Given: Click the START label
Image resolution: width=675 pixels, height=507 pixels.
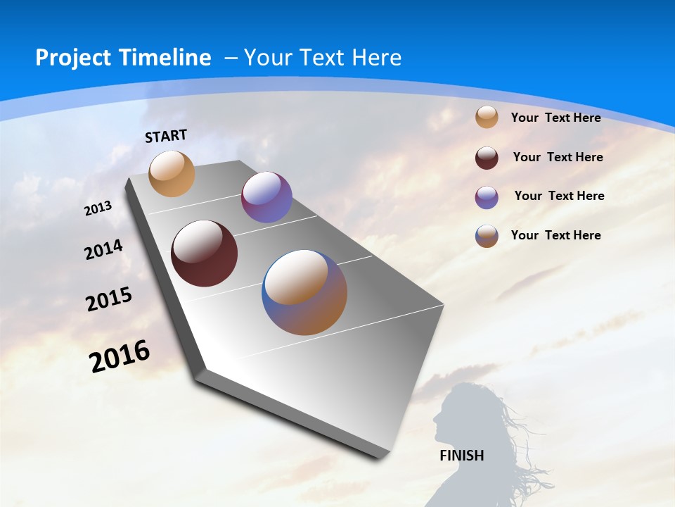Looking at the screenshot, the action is coord(166,136).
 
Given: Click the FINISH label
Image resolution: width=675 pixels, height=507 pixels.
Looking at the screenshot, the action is coord(461,456).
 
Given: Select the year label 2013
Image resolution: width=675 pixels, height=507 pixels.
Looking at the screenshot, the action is coord(98,208).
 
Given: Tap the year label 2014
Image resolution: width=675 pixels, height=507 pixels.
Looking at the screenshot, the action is coord(103,250).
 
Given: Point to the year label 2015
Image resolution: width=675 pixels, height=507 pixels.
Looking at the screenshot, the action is coord(109,299).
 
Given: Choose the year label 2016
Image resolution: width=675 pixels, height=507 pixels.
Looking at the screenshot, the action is coord(120,356).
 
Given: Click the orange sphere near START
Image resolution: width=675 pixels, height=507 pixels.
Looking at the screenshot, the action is coord(172,173).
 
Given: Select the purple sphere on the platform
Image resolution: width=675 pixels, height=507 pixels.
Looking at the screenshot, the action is coord(266,197).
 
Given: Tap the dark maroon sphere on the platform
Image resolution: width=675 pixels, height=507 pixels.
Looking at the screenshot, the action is coord(204,254).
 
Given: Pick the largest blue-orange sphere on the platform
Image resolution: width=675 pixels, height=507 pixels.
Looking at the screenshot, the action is coord(304,292).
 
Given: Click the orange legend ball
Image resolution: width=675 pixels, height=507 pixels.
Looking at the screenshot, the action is coord(487,117).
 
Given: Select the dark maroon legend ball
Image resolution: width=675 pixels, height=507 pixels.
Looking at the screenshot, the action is coord(487,158).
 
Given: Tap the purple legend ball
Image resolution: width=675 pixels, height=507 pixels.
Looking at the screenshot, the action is coord(487,197).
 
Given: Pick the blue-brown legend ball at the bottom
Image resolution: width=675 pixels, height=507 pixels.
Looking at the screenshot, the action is coord(487,236).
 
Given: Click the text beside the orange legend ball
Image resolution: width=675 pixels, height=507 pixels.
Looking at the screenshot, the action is coord(555,118).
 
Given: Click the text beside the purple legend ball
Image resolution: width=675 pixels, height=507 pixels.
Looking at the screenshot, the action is coord(559,196).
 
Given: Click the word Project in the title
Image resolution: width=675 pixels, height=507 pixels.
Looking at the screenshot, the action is coord(72,58).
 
